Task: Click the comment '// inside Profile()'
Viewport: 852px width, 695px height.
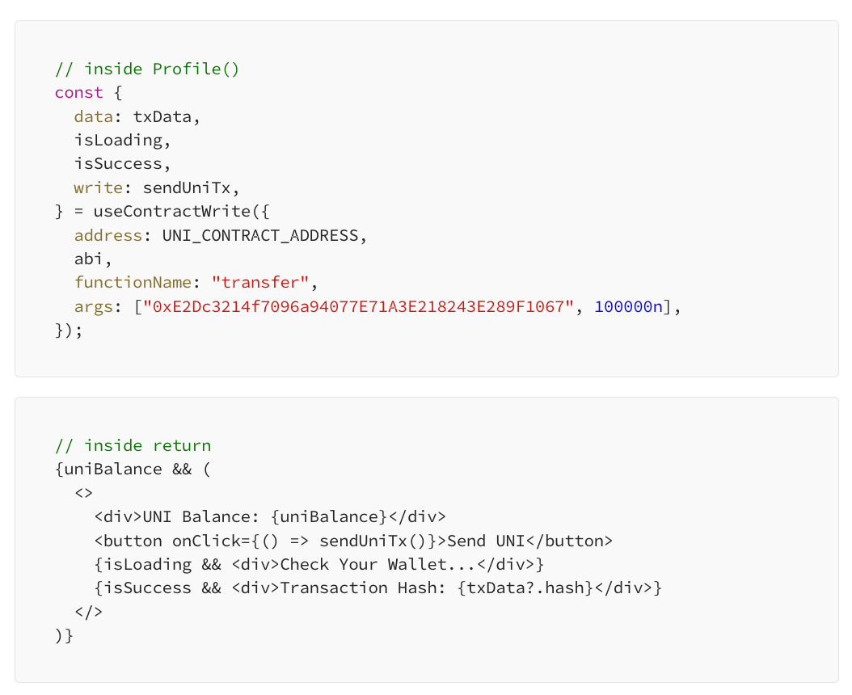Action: click(x=147, y=69)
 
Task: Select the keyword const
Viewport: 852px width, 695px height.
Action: click(x=78, y=92)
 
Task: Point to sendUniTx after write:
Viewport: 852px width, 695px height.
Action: click(x=192, y=187)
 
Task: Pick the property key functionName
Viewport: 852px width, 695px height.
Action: click(x=133, y=283)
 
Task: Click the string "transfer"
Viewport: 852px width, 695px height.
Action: click(x=259, y=283)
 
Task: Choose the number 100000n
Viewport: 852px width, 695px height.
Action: click(x=628, y=307)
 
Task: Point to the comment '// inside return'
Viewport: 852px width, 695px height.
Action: click(x=133, y=445)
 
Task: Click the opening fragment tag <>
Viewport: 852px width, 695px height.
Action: click(x=84, y=493)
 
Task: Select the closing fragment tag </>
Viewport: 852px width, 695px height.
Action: click(x=88, y=612)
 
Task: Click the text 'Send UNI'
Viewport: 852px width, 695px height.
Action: click(x=485, y=541)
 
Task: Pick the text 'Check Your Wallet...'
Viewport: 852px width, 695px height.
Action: click(x=377, y=564)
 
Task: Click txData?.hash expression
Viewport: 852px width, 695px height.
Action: click(x=525, y=588)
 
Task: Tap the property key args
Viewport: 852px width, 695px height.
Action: click(x=93, y=307)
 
